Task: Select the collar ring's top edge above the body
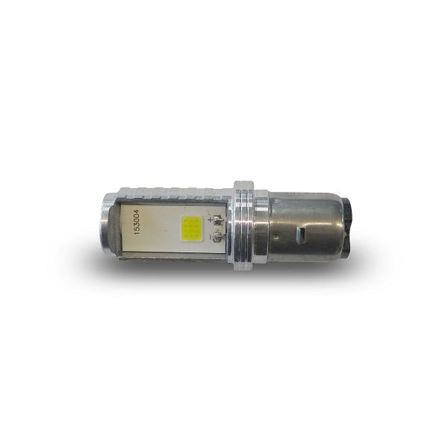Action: pyautogui.click(x=243, y=184)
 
